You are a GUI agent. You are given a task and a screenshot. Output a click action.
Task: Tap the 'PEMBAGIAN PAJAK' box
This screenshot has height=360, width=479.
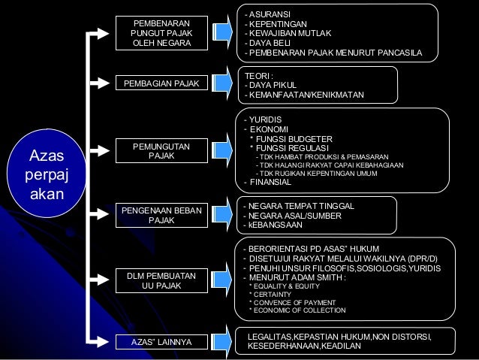point(160,83)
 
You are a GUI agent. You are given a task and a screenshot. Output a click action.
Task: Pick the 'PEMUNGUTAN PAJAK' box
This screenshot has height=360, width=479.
point(160,150)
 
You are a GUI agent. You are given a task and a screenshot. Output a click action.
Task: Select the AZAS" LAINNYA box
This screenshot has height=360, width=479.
point(161,342)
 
